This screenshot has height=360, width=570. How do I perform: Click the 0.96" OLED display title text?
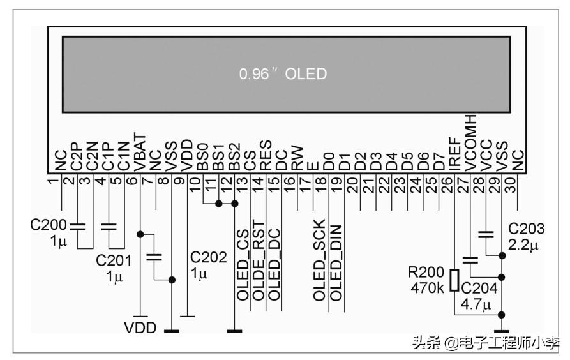[283, 74]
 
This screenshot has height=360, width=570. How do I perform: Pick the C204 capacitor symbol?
[470, 260]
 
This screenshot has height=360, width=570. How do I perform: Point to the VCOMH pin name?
[471, 142]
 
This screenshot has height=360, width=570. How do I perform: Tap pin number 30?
[517, 181]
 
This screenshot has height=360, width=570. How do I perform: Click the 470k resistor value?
[427, 289]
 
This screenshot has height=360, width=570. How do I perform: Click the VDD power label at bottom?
[140, 327]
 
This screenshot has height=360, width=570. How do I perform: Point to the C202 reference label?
[208, 257]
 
